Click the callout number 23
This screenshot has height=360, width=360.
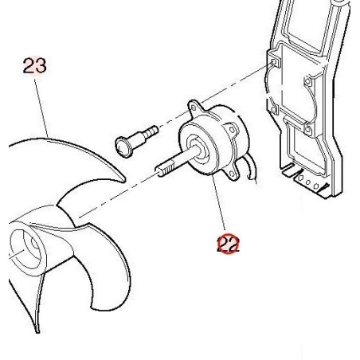pos(34,65)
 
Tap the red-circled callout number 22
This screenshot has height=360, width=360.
pos(229,244)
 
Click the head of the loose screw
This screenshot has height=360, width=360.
pos(123,147)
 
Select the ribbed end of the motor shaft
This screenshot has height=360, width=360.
pos(164,169)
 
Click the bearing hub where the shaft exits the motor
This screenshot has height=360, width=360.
pos(198,149)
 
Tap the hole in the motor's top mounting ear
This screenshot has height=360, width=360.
pos(194,108)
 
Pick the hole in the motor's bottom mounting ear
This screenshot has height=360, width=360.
pos(233,174)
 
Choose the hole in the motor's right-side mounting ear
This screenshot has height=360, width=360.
pos(232,130)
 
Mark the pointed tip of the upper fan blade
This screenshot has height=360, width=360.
pos(124,181)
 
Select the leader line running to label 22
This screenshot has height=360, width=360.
pos(218,202)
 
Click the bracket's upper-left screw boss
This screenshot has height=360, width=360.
pos(274,63)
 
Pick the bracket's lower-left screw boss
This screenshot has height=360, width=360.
pos(275,109)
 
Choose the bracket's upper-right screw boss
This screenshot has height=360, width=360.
pos(307,81)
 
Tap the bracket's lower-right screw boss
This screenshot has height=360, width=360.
pos(308,130)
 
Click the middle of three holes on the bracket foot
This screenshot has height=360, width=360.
pos(308,182)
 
